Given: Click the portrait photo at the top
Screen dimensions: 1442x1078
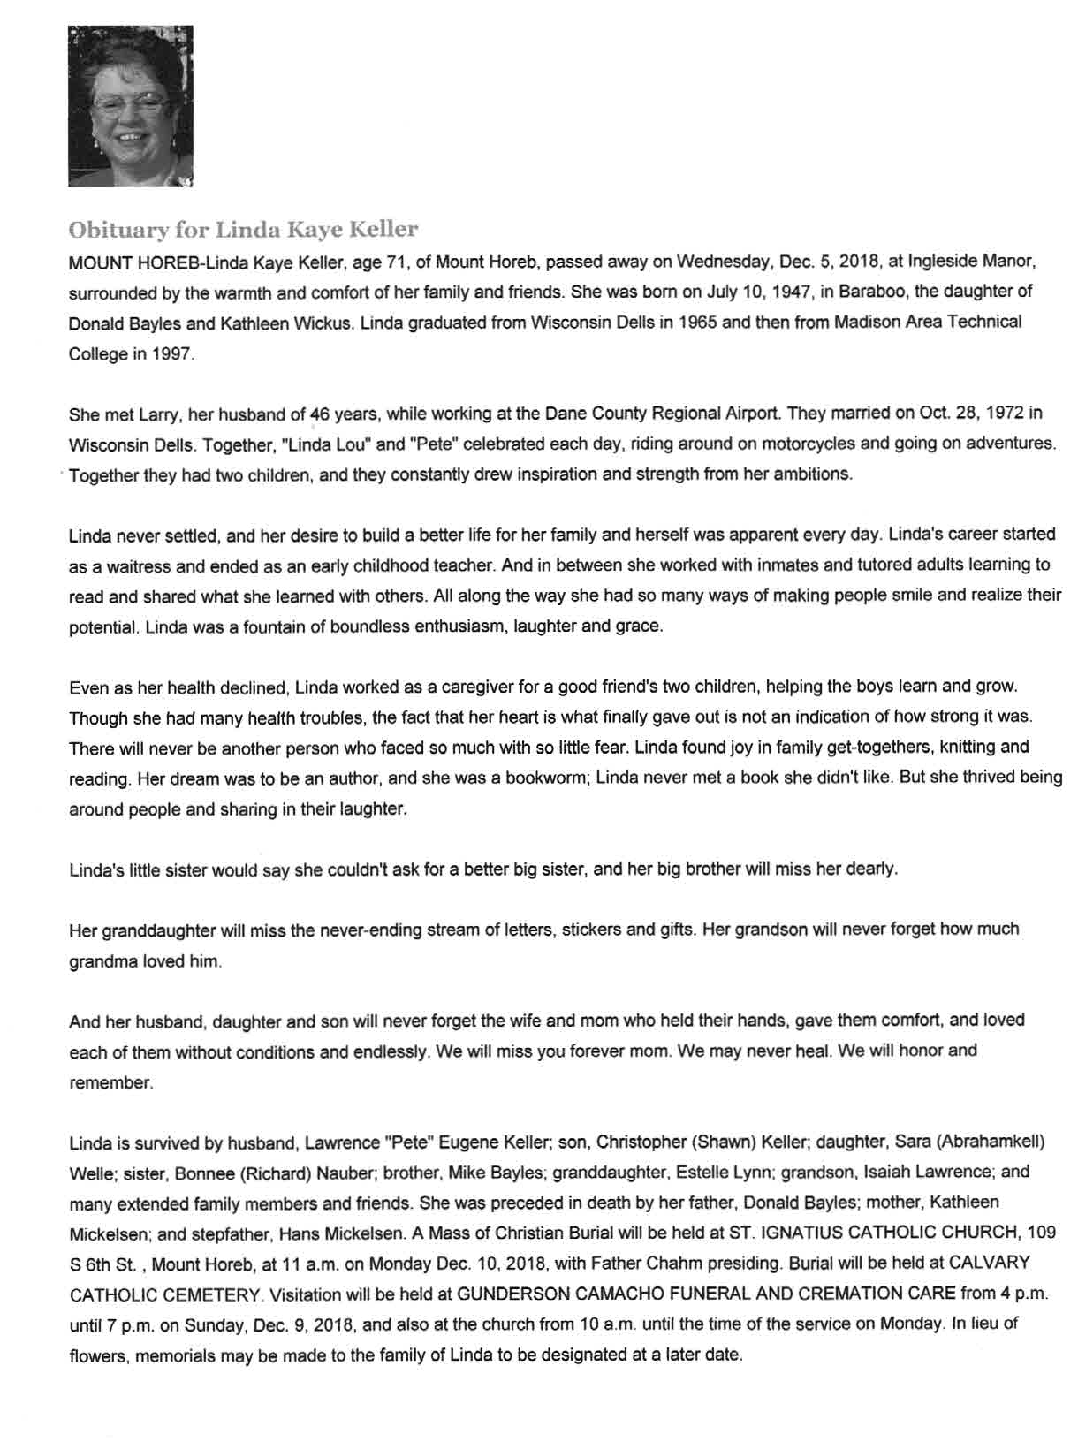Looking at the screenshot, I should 131,106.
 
